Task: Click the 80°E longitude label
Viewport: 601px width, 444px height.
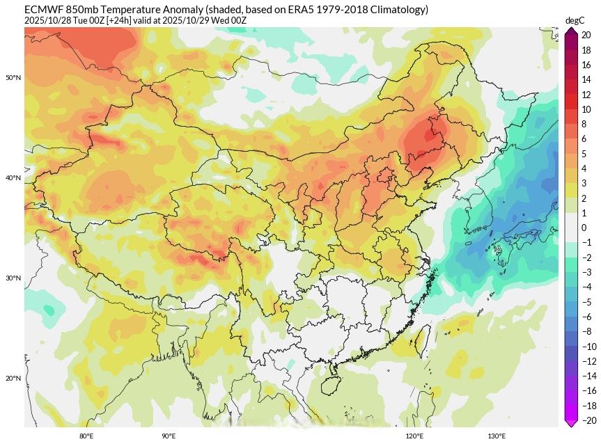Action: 86,436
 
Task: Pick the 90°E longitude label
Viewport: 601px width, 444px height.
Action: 169,436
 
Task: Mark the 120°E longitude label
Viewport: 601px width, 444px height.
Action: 414,436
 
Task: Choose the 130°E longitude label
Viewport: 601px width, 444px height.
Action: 497,436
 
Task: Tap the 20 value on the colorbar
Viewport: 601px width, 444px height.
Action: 587,35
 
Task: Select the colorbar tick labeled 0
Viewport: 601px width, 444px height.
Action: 584,228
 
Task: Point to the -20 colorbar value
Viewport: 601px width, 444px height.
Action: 589,420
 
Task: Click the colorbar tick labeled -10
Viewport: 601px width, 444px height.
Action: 589,347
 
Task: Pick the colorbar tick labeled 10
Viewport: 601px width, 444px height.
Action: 587,109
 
